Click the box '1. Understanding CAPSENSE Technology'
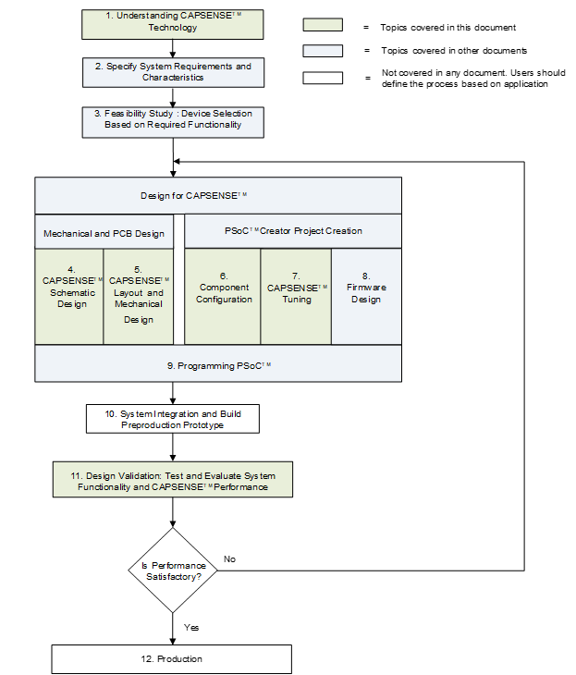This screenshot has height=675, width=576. [x=173, y=25]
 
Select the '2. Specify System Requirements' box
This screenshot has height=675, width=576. [x=173, y=72]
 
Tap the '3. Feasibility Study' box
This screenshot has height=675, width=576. [x=173, y=122]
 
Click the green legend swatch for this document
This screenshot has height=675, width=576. [x=323, y=25]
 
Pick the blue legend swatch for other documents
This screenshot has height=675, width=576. [x=323, y=51]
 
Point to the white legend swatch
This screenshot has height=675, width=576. [x=323, y=78]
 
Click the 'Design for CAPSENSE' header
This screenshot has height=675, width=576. [x=218, y=195]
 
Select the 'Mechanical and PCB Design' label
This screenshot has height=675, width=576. [x=104, y=233]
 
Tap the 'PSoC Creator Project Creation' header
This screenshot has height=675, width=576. [x=293, y=231]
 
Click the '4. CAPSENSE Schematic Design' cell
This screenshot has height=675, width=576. [x=69, y=297]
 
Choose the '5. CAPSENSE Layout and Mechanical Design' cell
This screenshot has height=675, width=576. [x=139, y=297]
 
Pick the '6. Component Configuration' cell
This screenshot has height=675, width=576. [x=223, y=297]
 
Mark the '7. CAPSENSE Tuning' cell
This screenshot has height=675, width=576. [x=296, y=297]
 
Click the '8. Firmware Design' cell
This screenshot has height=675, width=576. [x=367, y=297]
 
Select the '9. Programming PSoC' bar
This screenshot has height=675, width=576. [x=218, y=363]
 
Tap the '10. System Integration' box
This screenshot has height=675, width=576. [x=173, y=419]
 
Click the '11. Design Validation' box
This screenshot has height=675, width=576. [x=173, y=480]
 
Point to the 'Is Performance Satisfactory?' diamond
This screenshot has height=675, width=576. [x=173, y=571]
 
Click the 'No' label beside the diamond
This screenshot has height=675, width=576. [x=229, y=558]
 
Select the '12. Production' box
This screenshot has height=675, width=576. [x=171, y=659]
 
